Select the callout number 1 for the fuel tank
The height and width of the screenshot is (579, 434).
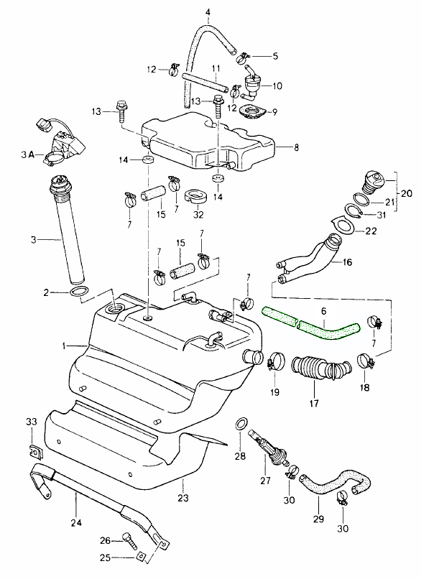tap(64, 346)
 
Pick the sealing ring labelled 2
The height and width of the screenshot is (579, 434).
tap(80, 292)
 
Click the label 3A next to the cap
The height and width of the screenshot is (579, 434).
tap(27, 154)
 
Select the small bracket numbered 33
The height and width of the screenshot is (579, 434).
tap(33, 451)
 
